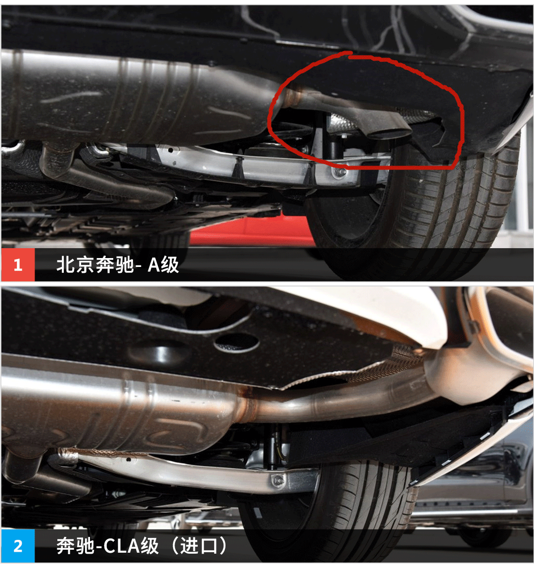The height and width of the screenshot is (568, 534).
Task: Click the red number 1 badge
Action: coord(18,265)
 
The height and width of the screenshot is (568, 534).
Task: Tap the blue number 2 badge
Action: coord(18,546)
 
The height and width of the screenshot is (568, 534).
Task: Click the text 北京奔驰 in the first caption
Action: coord(95,265)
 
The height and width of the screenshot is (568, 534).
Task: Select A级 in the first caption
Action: coord(163,265)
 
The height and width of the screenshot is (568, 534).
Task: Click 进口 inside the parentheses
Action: coord(199,546)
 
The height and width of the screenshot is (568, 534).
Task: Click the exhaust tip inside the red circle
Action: coord(390,132)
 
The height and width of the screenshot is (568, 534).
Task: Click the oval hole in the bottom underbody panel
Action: coord(236,343)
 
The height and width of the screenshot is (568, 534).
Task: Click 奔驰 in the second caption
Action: coord(76,546)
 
